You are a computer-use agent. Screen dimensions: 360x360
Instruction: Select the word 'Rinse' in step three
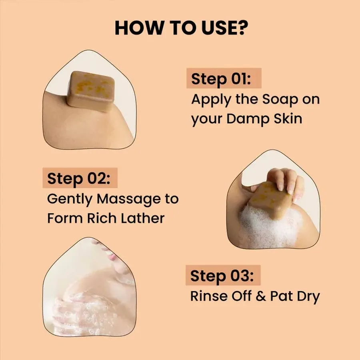click(208, 297)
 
